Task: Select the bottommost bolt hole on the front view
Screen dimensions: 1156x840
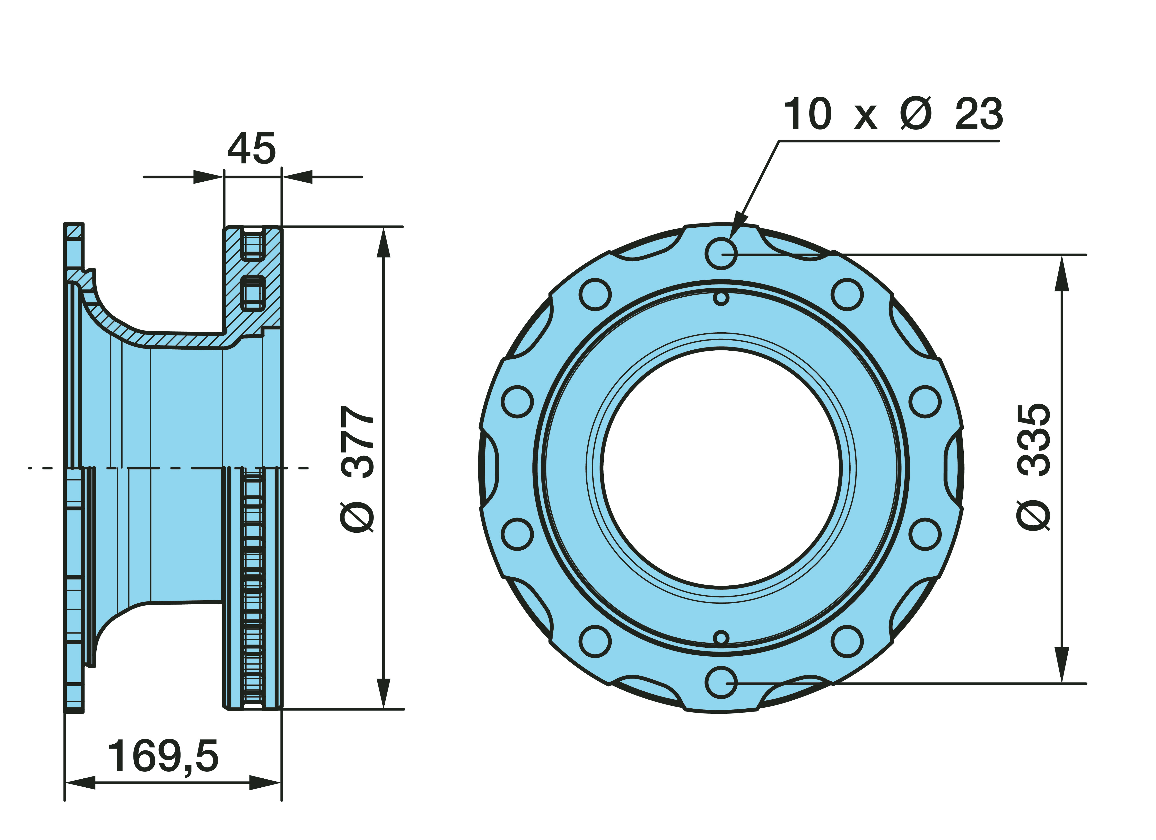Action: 721,682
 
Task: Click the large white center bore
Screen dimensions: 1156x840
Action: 721,468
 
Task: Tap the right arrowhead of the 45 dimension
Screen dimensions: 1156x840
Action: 297,177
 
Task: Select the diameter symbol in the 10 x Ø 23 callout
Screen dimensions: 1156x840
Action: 916,113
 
